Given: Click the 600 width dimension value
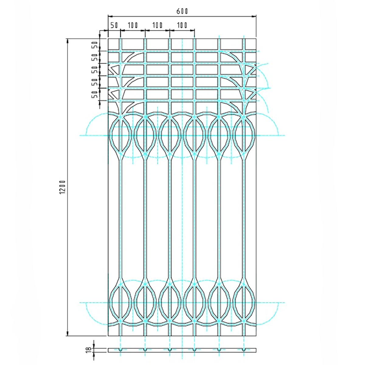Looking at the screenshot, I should (182, 11).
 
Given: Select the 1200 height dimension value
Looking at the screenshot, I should (62, 187).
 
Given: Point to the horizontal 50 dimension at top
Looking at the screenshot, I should (114, 25).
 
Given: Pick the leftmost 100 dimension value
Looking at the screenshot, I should (133, 25).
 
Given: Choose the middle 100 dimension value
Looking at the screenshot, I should (157, 25).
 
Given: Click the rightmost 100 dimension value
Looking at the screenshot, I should (182, 25).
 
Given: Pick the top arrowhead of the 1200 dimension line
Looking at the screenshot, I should (68, 40).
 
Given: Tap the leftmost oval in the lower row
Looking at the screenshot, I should (120, 303).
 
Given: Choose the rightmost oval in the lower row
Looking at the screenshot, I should (244, 303).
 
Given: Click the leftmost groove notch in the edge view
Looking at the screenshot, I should (120, 349).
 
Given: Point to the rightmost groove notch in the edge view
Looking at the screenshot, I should (244, 349).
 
